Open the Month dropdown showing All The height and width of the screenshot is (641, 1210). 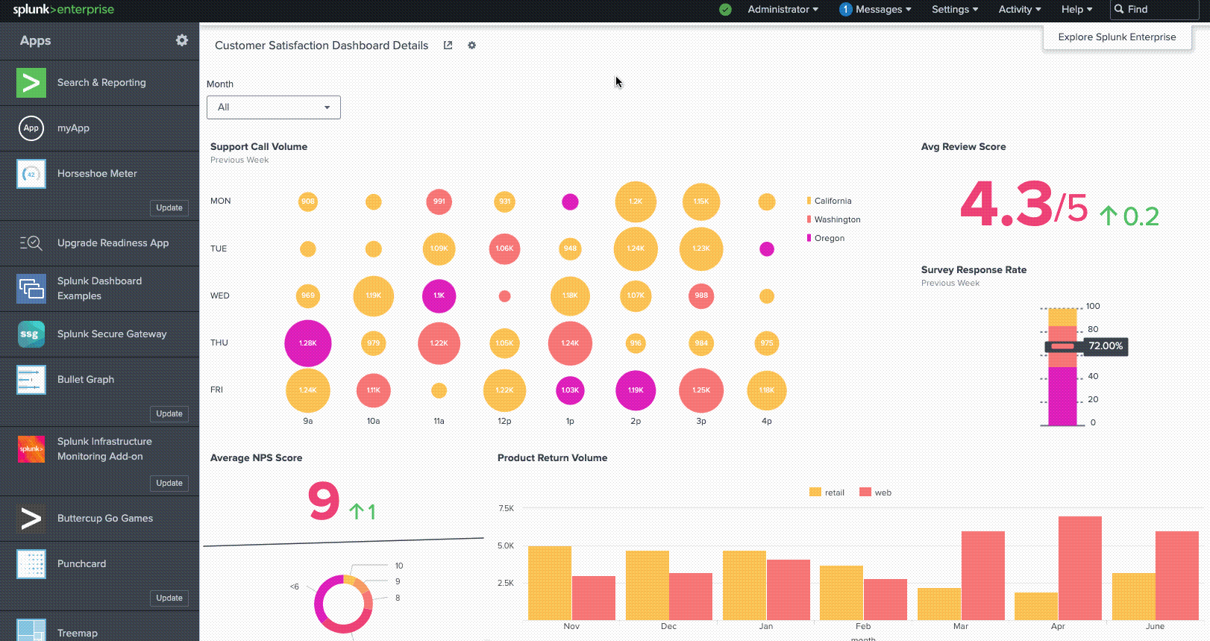coord(273,107)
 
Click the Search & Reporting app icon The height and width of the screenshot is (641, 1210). coord(31,83)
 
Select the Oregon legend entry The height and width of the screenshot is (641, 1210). coord(829,238)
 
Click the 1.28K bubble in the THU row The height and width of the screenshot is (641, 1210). coord(307,343)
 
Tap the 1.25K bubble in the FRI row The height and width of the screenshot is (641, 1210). coord(700,390)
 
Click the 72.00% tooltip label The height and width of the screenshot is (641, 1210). coord(1105,346)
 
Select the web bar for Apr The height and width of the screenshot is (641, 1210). coord(1079,567)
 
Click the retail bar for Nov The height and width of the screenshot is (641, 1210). coord(549,582)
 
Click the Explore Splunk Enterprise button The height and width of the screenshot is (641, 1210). coord(1116,37)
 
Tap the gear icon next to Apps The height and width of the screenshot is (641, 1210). coord(182,40)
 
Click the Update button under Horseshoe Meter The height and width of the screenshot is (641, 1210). coord(169,207)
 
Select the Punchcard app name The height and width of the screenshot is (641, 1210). coord(81,564)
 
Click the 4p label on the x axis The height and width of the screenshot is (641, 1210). coord(766,422)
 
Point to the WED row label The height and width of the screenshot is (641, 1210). coord(219,296)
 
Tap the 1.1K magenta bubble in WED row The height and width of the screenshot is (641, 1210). coord(439,296)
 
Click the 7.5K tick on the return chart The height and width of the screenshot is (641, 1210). coord(506,508)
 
